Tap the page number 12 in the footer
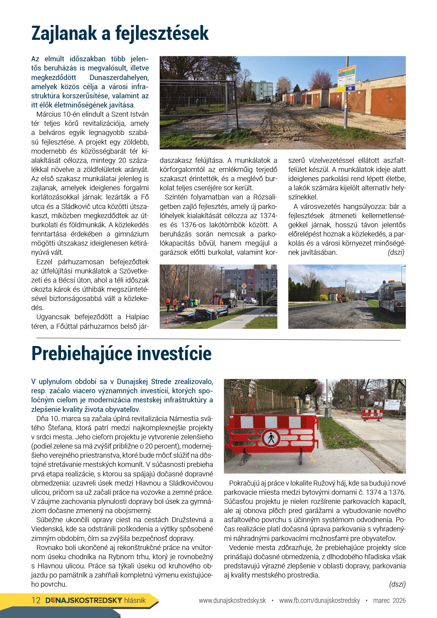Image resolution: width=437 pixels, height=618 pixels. [36, 600]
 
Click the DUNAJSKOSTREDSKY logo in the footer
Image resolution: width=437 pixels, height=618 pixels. [84, 600]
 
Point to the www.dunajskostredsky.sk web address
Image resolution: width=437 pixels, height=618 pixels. [232, 600]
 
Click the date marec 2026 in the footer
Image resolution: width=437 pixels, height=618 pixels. [389, 600]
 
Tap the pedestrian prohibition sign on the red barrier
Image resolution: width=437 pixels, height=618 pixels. [271, 438]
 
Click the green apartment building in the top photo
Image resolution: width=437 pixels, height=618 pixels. [262, 90]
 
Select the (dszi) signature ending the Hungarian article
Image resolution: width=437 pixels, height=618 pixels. [396, 252]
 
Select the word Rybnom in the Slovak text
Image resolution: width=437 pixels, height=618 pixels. [121, 557]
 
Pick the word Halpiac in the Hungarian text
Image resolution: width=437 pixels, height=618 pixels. [137, 317]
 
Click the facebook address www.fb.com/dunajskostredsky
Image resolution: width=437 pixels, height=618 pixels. [319, 600]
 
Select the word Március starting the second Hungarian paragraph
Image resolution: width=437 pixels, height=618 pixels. [49, 114]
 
